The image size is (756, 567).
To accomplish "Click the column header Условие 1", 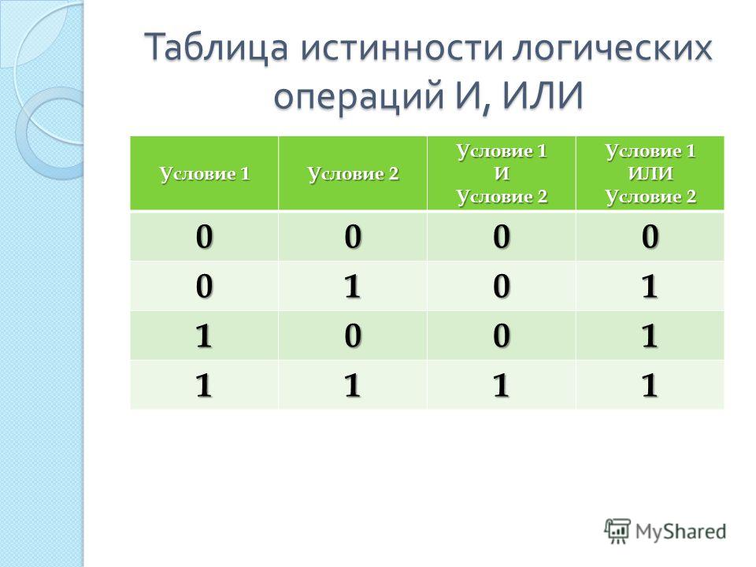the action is (205, 173).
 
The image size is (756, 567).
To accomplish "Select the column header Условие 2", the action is (353, 173).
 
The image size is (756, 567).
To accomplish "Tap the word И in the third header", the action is (502, 173).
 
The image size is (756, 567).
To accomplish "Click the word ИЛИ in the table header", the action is (650, 173).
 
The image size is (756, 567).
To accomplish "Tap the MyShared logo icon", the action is (617, 532).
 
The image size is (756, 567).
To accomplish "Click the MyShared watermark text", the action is (680, 532).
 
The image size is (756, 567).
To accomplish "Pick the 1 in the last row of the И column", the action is (502, 385).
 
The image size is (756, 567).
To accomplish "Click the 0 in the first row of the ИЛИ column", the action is (650, 236).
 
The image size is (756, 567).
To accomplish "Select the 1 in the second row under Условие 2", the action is (353, 286).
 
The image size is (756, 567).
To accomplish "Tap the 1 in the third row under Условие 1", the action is (204, 335).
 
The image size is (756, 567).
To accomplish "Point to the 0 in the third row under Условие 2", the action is (353, 335).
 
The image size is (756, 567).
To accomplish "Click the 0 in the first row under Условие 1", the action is (204, 236).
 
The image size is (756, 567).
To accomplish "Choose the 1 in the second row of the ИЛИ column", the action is (650, 286).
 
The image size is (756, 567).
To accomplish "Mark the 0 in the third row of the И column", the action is (502, 335).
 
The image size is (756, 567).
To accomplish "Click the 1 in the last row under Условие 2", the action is (353, 385).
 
